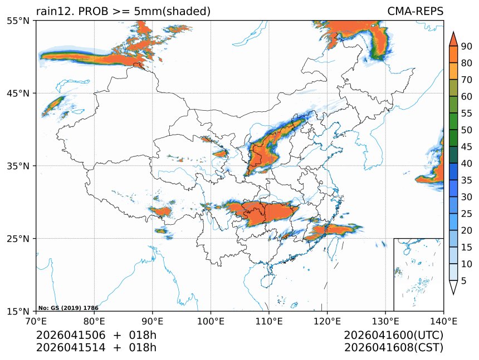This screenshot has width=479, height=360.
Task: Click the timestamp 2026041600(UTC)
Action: point(393,336)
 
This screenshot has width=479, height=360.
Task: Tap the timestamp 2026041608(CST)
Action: point(393,348)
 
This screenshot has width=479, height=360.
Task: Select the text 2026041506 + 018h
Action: point(96,336)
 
